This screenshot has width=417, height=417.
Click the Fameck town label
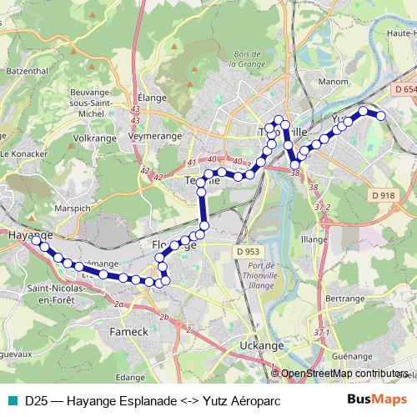point(129,332)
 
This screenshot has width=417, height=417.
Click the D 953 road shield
point(249,251)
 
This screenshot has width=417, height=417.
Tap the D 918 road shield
point(383,195)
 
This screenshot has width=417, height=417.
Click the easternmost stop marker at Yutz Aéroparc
point(381,116)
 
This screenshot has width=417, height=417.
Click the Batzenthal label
point(24,73)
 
